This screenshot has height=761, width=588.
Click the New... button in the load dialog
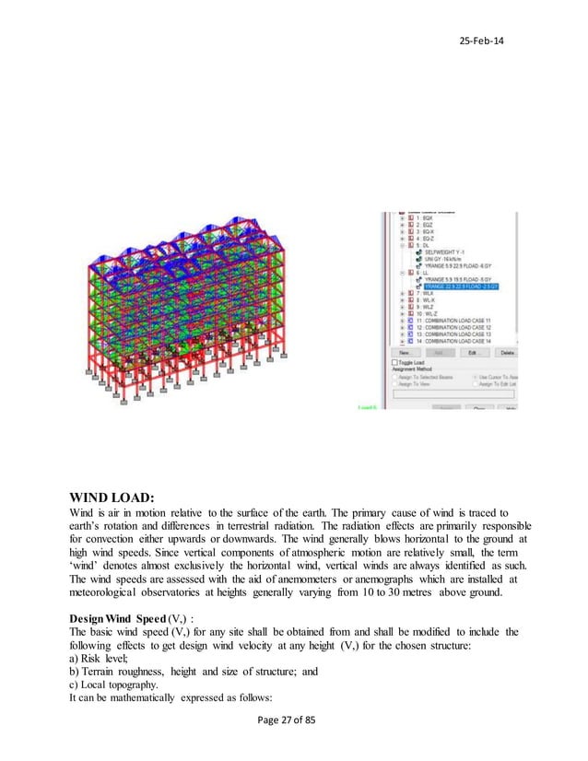pos(404,352)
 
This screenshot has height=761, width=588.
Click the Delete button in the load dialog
pos(507,352)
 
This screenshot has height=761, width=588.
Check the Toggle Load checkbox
pos(396,363)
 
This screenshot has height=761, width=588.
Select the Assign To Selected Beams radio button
pos(396,378)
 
